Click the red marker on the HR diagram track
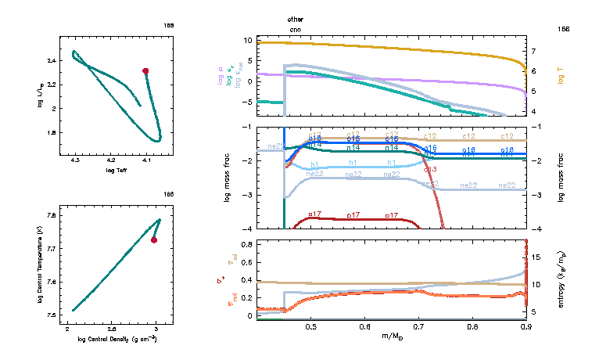(x=145, y=71)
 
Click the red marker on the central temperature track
(x=154, y=240)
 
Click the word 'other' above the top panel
(x=295, y=18)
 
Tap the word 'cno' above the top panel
(x=295, y=29)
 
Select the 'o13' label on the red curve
(x=429, y=169)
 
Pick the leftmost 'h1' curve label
(x=314, y=165)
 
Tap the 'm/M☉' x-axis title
(x=391, y=337)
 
